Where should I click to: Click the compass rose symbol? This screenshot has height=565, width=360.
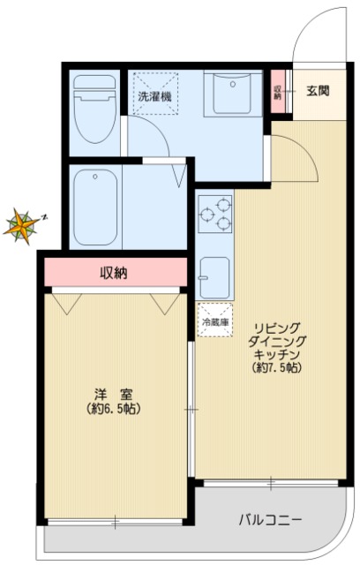click(x=21, y=225)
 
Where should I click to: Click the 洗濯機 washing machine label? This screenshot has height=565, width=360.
click(x=154, y=95)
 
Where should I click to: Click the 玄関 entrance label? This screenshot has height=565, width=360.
click(x=318, y=90)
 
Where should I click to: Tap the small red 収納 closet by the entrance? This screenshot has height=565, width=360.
click(x=277, y=93)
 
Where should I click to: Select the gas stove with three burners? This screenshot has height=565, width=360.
click(x=214, y=215)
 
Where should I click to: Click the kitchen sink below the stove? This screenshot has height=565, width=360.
click(x=214, y=276)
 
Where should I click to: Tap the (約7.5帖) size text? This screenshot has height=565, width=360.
click(x=276, y=366)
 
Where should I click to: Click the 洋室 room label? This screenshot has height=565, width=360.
click(x=115, y=395)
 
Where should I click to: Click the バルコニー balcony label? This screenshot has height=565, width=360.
click(x=271, y=518)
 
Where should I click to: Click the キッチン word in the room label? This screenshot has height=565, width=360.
click(x=276, y=352)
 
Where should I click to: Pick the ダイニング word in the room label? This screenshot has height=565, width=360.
click(x=276, y=339)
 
